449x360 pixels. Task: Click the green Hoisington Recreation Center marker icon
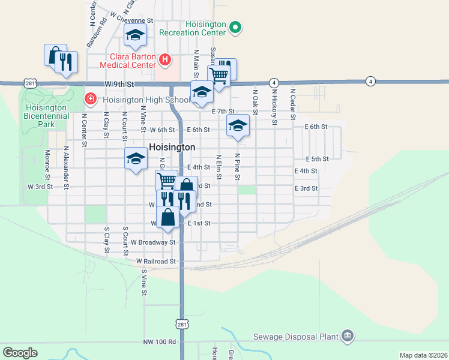point(236,26)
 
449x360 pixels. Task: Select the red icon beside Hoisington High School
point(90,98)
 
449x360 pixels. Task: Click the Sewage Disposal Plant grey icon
point(347,336)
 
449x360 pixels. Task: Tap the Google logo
point(20,352)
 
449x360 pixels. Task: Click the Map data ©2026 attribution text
point(423,355)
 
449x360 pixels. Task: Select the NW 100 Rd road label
point(160,341)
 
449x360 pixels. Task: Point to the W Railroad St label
point(155,262)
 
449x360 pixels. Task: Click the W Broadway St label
point(152,242)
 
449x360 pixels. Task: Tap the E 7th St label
point(223,111)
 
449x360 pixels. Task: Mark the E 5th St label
point(317,159)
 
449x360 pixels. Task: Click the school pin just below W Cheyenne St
point(136,37)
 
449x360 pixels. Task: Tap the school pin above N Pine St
point(238,126)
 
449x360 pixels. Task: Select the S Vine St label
point(144,282)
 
